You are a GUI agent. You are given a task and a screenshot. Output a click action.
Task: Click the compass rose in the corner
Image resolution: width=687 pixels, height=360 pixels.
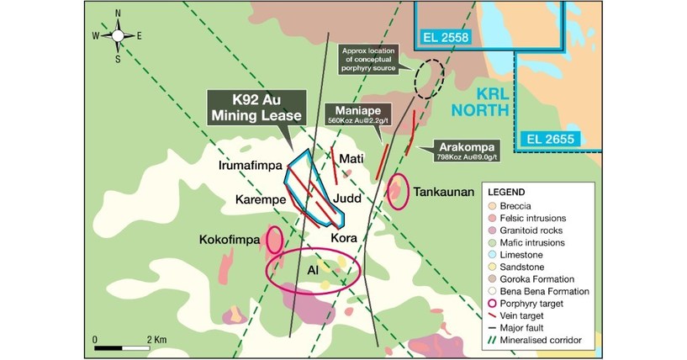point(118,35)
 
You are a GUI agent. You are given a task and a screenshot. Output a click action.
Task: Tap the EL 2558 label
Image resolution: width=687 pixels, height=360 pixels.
point(447,36)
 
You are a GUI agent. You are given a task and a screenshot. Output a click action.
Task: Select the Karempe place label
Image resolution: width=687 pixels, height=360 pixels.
point(261,200)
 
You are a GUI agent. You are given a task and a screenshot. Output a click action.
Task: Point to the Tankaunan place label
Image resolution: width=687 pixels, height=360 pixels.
point(441,193)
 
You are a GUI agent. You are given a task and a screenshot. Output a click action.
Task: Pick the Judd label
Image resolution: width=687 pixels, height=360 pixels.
point(350,199)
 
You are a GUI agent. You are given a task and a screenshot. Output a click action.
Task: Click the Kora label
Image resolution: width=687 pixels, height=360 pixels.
point(345,238)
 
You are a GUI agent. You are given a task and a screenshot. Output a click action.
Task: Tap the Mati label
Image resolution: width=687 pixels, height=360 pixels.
point(350,158)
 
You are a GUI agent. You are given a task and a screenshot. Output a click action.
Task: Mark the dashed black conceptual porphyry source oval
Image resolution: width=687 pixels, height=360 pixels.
point(431,78)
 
